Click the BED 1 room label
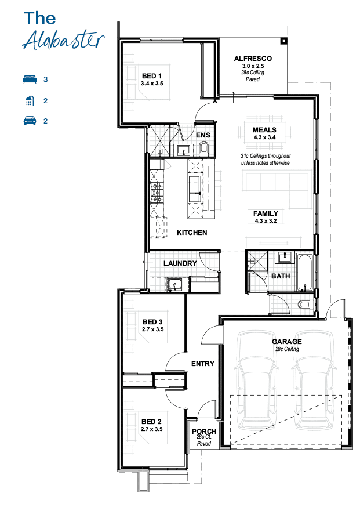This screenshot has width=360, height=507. (152, 76)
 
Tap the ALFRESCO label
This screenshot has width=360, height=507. (253, 59)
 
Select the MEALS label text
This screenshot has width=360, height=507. (265, 130)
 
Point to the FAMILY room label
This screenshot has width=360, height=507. (266, 213)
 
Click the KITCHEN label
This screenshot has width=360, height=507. (192, 233)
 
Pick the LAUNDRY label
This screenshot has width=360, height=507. (180, 263)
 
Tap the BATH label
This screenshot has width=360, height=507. (281, 276)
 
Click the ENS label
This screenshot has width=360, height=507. (203, 135)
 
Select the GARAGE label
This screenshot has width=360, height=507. (286, 342)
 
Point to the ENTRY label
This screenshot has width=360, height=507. (203, 364)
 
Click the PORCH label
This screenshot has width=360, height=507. (204, 432)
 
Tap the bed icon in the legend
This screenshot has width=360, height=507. (30, 79)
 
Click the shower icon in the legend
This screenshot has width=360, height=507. (30, 100)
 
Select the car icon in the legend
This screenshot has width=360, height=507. (30, 121)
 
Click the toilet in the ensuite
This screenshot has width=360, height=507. (204, 150)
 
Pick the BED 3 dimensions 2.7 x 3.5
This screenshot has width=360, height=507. (152, 329)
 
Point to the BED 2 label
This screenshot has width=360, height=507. (151, 422)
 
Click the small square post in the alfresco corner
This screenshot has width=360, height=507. (283, 41)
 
